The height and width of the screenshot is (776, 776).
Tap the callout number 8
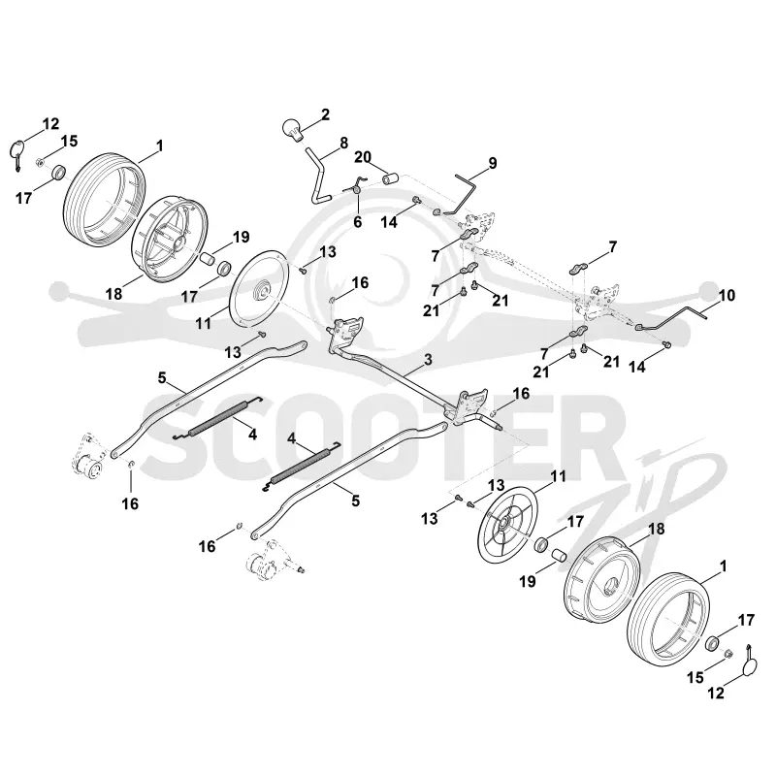click(343, 143)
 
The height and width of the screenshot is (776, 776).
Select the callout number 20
click(363, 157)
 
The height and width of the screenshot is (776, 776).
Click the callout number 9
click(492, 163)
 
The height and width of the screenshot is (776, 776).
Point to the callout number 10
click(727, 296)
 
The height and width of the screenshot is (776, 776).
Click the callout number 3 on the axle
click(428, 359)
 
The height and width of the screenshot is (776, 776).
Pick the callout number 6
click(357, 222)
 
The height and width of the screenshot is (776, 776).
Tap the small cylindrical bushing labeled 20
click(391, 178)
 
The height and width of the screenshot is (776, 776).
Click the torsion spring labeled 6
click(356, 187)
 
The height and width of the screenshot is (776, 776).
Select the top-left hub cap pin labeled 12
click(17, 154)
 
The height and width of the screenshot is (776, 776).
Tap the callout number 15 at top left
click(69, 141)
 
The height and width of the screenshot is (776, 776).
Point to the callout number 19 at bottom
click(528, 581)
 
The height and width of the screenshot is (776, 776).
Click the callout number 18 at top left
click(113, 294)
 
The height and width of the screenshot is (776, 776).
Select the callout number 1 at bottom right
click(724, 566)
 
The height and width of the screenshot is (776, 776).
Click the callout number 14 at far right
click(637, 367)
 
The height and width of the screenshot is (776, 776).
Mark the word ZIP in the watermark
click(638, 500)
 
